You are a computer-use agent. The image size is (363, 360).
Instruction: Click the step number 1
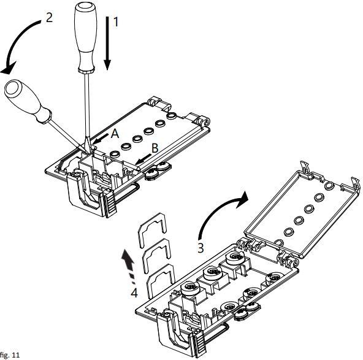tap(115, 22)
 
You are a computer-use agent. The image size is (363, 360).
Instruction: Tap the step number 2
tap(49, 18)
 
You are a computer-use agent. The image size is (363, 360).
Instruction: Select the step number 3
tap(201, 248)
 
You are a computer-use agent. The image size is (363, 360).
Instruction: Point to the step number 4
tap(134, 293)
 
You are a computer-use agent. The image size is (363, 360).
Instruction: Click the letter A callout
tap(115, 134)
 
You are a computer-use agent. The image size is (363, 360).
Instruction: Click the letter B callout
tap(155, 148)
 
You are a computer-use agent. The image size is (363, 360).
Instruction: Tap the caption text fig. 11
tap(10, 354)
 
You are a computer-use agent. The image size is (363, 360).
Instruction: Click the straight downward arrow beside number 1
tap(107, 44)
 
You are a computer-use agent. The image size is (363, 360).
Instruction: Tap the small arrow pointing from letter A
tap(100, 138)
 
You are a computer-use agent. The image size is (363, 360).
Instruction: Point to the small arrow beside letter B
tap(143, 159)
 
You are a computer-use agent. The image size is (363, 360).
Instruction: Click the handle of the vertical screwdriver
tap(85, 37)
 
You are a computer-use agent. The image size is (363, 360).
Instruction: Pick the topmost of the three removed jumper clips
tap(152, 229)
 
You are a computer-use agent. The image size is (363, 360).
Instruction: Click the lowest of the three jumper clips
tap(161, 280)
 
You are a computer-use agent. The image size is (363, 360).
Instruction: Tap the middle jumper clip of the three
tap(156, 254)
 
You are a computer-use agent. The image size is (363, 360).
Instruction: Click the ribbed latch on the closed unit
tap(110, 204)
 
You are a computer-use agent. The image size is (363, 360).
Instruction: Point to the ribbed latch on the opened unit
tap(201, 343)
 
